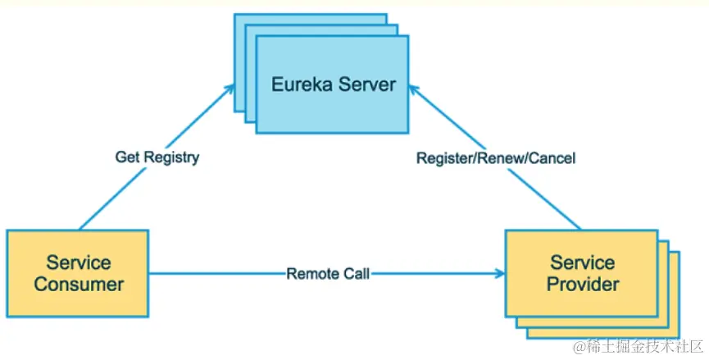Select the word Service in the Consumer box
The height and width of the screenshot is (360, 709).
click(x=79, y=262)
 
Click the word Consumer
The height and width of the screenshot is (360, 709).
click(x=79, y=285)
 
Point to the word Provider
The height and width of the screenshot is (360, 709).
click(x=583, y=285)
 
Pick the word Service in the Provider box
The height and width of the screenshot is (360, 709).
click(x=583, y=262)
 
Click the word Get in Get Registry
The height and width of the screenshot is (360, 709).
click(x=125, y=157)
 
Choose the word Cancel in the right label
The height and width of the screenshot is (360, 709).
click(x=551, y=158)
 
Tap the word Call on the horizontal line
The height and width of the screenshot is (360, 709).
click(x=356, y=274)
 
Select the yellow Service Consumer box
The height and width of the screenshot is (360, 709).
click(x=78, y=274)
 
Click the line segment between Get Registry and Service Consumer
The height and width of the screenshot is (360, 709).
click(x=113, y=198)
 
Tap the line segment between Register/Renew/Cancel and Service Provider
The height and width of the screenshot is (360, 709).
click(x=543, y=198)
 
